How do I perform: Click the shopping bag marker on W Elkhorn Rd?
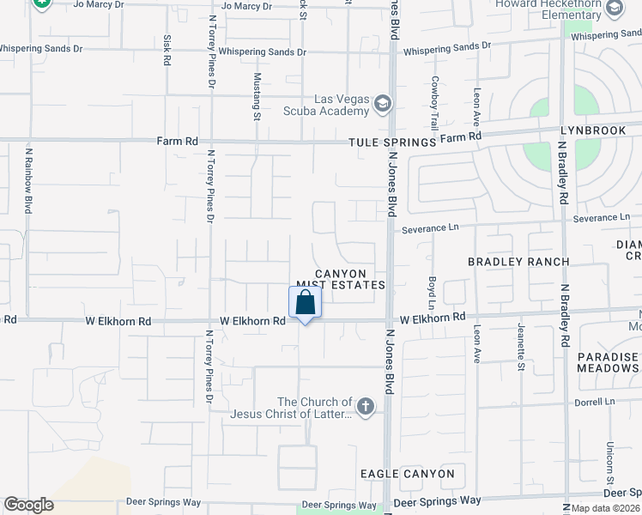(305, 303)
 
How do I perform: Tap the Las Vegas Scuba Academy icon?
(383, 105)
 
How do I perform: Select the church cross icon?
(366, 407)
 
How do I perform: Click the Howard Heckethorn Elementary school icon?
(614, 9)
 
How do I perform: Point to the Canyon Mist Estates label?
(339, 279)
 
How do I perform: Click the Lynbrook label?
(600, 131)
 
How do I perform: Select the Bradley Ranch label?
(518, 261)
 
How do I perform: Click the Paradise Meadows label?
(608, 362)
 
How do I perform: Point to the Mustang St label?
(256, 93)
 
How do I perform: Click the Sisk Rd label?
(167, 51)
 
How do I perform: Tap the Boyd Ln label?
(431, 292)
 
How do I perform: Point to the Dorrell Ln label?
(597, 401)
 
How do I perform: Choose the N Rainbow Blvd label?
(28, 181)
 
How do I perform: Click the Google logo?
(28, 505)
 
